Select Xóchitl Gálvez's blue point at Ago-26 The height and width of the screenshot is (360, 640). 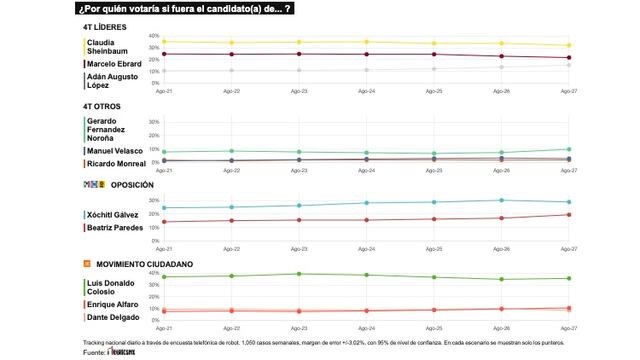(x=502, y=200)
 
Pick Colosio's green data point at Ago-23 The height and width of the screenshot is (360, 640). (x=298, y=274)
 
